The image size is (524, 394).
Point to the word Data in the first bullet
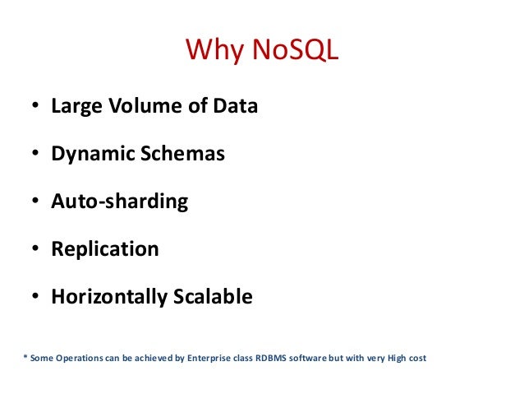pyautogui.click(x=234, y=106)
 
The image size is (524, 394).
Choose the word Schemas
pyautogui.click(x=182, y=154)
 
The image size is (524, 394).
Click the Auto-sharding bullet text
pyautogui.click(x=119, y=202)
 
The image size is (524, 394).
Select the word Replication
pyautogui.click(x=104, y=249)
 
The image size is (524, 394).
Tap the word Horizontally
pyautogui.click(x=109, y=297)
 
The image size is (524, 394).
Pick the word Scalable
pyautogui.click(x=214, y=297)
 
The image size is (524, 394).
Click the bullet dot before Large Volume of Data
pyautogui.click(x=36, y=107)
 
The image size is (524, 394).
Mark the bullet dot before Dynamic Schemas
pyautogui.click(x=36, y=155)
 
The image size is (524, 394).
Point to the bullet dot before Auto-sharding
pyautogui.click(x=36, y=202)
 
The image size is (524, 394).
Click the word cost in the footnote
pyautogui.click(x=417, y=358)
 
